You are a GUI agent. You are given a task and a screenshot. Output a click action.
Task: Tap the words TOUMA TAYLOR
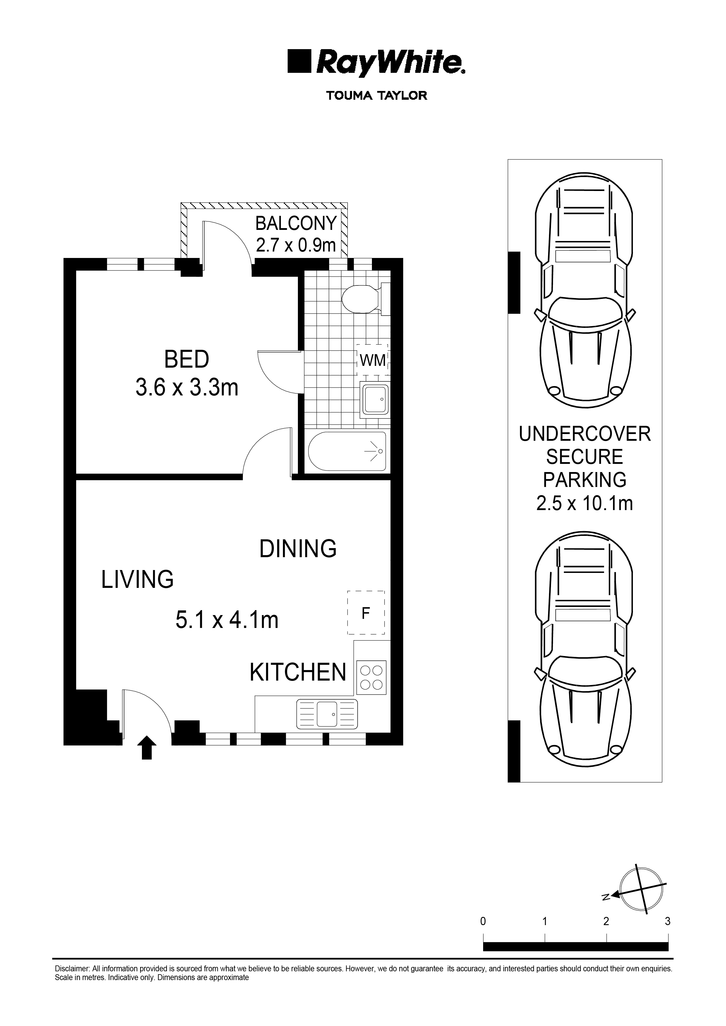(x=376, y=96)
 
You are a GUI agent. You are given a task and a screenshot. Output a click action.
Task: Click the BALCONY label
(x=296, y=223)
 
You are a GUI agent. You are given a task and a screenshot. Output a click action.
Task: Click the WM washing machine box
(x=373, y=360)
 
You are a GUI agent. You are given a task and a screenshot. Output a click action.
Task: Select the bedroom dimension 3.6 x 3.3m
(x=187, y=388)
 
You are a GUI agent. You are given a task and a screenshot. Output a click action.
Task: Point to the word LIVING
(x=137, y=580)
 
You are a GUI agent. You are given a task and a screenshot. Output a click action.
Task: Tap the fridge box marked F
(x=366, y=614)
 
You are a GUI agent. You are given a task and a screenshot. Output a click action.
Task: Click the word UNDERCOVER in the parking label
(x=584, y=434)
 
